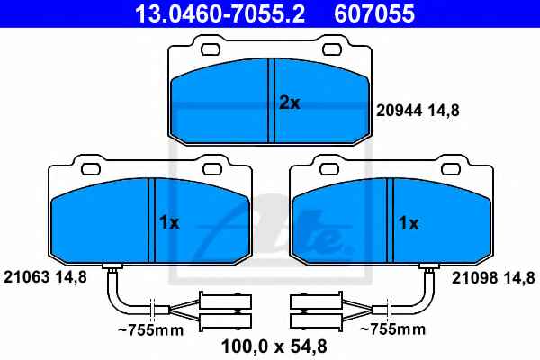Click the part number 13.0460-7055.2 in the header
point(220,13)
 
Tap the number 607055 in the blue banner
point(374,13)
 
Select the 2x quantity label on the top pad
point(290,103)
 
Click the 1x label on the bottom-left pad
point(169,223)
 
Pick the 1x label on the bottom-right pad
point(409,223)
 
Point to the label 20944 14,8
point(418,111)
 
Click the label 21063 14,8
point(45,277)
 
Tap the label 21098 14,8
point(493,277)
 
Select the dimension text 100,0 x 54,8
point(274,346)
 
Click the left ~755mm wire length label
point(151,330)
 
